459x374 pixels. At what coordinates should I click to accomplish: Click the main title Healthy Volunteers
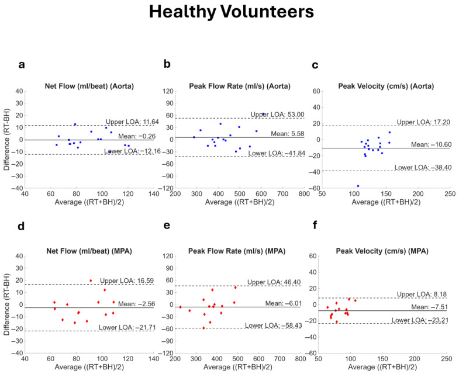(232, 12)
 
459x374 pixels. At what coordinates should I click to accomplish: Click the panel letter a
(22, 65)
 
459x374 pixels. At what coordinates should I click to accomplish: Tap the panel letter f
(315, 226)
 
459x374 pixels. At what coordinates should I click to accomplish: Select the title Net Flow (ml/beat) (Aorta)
(89, 86)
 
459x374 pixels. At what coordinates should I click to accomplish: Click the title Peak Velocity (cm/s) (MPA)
(382, 251)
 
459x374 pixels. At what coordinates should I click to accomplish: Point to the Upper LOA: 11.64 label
(132, 122)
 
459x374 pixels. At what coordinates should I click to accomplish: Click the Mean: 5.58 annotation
(288, 134)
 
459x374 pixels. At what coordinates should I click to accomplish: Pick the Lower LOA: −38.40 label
(423, 167)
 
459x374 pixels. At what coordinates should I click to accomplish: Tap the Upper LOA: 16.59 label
(127, 281)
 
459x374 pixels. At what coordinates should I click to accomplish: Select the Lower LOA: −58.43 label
(274, 325)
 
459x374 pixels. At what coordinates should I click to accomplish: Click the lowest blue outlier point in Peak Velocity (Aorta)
(358, 186)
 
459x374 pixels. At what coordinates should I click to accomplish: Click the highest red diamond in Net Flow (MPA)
(91, 280)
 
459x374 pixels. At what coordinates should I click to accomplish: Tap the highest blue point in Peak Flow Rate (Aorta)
(263, 113)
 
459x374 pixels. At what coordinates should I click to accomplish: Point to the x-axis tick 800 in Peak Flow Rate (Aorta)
(304, 194)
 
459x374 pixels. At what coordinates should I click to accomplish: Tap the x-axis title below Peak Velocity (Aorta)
(386, 202)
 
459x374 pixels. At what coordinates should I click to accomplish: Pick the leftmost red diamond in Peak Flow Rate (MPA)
(180, 307)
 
